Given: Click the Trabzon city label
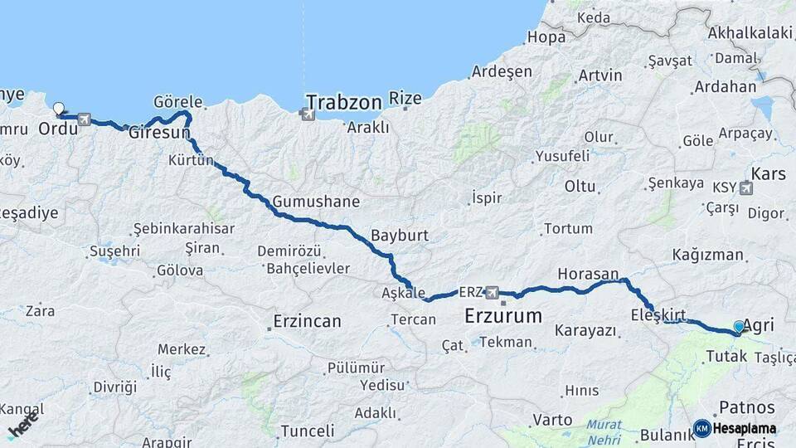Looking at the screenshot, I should [x=343, y=102].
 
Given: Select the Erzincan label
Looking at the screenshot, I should [x=308, y=321].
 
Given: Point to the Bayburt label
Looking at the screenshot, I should [x=400, y=235].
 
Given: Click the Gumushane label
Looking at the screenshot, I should [x=316, y=202].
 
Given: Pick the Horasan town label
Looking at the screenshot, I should [x=588, y=274].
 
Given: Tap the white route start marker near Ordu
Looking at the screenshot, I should [x=58, y=108].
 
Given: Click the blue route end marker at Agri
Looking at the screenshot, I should [x=739, y=327].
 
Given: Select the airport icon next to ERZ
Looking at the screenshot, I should [x=493, y=292].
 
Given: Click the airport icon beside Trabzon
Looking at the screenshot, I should [x=308, y=114].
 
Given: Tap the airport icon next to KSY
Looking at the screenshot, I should [x=745, y=187].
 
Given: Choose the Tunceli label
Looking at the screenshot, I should [x=307, y=431].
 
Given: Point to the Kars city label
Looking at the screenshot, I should [x=768, y=174].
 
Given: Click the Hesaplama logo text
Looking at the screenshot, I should [x=744, y=429].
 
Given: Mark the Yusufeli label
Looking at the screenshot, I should [x=562, y=156].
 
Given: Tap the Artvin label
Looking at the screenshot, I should [x=600, y=75].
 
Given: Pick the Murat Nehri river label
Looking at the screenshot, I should [x=604, y=431].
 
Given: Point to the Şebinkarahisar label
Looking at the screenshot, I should [x=184, y=228].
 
